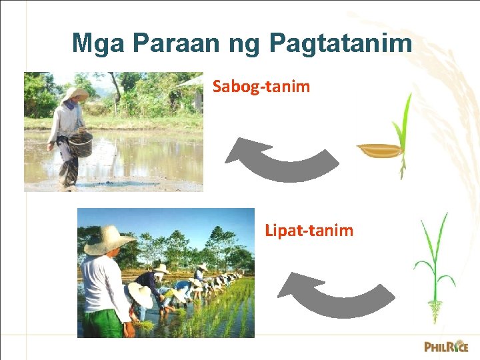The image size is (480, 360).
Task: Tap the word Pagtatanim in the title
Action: (x=341, y=44)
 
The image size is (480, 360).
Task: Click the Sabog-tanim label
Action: (x=261, y=86)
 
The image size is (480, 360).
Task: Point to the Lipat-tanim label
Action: (x=309, y=231)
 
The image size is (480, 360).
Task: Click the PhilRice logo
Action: (x=446, y=346)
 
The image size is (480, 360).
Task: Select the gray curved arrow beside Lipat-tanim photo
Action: (x=333, y=295)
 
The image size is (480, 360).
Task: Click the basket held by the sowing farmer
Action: (x=80, y=143)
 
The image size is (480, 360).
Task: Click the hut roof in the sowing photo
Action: (x=191, y=81)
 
